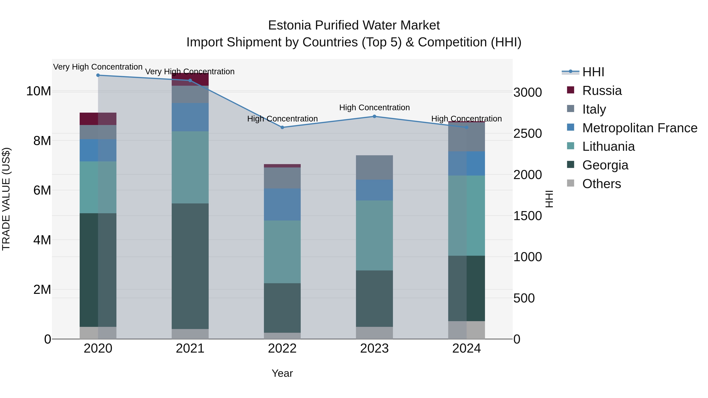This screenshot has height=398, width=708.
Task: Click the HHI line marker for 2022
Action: point(282,127)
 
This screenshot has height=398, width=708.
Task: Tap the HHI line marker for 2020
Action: point(98,75)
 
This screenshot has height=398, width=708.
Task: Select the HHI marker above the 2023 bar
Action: point(374,117)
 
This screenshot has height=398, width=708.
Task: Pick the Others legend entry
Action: point(601,184)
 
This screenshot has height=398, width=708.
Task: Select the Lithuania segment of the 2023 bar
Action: point(374,235)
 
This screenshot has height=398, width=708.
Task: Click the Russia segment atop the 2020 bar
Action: point(98,119)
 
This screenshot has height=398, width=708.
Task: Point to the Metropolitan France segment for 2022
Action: point(282,204)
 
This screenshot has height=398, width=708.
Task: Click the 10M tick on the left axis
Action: point(39,91)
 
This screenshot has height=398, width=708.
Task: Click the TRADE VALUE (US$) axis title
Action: point(6,199)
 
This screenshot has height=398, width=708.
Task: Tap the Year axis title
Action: point(282,373)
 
